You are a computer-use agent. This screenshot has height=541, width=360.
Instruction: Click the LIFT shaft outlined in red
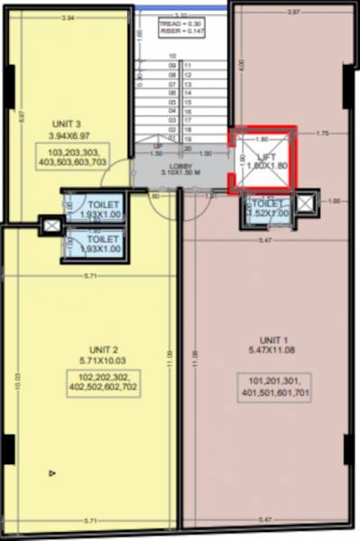tap(260, 160)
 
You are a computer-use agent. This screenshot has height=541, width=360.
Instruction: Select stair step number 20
tap(187, 148)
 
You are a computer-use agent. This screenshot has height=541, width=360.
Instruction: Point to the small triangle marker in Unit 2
tap(52, 472)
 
